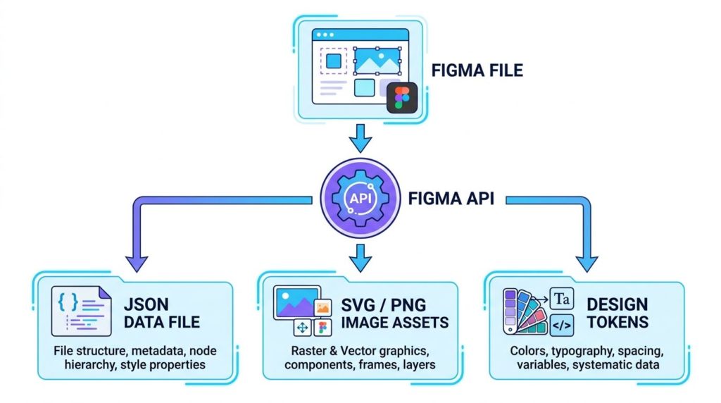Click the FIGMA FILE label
point(477,71)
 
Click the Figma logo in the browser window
point(402,97)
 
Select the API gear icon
point(360,198)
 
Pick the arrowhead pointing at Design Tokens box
point(584,262)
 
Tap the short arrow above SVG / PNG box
point(360,257)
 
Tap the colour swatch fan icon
point(525,311)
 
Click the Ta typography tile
point(562,299)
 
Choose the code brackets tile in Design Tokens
point(562,324)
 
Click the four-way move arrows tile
point(303,327)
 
